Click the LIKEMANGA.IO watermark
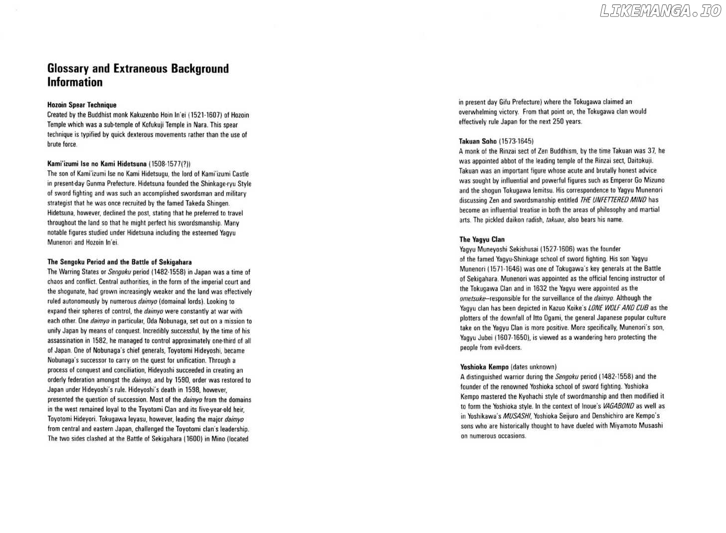(660, 11)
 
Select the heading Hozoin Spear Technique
(82, 105)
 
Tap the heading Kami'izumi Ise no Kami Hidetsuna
(97, 164)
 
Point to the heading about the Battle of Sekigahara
(119, 262)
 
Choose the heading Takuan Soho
(478, 141)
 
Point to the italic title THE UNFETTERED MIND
(613, 200)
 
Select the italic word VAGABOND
(618, 406)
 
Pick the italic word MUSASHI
(517, 416)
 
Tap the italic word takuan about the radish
(554, 220)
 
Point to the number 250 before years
(558, 121)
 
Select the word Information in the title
(75, 82)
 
